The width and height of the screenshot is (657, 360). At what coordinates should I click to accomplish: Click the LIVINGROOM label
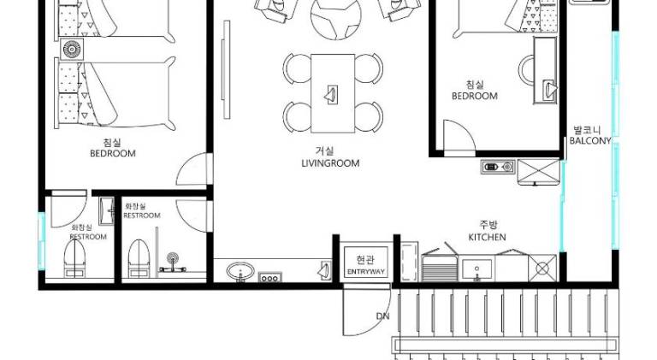click(330, 163)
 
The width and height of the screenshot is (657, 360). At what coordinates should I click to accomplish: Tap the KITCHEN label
click(487, 237)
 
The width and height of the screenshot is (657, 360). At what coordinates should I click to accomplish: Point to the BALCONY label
click(590, 140)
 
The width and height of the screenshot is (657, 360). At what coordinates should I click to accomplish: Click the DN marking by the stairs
click(382, 316)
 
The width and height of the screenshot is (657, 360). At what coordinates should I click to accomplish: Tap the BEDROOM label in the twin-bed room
click(113, 153)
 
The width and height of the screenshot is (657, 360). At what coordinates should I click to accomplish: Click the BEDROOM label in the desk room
click(475, 96)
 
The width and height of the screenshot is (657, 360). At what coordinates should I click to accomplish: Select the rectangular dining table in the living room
click(333, 93)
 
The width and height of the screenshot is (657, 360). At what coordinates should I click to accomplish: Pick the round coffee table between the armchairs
click(335, 19)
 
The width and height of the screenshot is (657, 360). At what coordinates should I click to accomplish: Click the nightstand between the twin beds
click(72, 50)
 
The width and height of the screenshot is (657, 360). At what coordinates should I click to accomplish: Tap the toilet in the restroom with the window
click(75, 259)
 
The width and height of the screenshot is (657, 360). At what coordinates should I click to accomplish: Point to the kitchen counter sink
click(476, 269)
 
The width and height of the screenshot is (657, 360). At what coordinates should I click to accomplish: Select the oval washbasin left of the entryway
click(240, 271)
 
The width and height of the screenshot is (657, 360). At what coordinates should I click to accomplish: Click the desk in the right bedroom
click(545, 70)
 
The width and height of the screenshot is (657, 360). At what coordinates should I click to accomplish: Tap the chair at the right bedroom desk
click(526, 70)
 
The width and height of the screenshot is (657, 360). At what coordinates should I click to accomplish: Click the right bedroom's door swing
click(459, 138)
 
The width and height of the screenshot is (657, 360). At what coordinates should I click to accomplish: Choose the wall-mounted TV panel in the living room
click(226, 69)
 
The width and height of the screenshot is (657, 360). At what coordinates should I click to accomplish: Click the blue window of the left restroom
click(41, 241)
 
